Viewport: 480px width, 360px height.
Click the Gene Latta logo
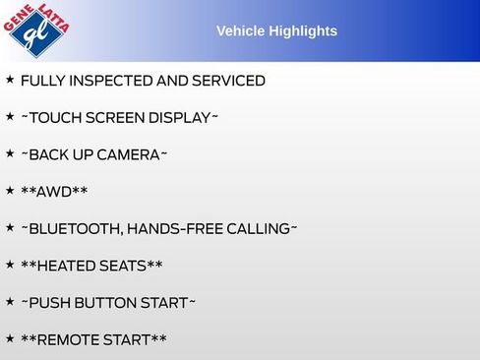37,30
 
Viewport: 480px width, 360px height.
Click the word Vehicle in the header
238,31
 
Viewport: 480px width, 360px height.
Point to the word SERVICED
225,81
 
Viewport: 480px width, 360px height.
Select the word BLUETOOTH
75,229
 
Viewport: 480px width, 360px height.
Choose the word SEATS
132,267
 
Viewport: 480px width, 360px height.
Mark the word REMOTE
73,340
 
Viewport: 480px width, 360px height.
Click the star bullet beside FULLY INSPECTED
10,79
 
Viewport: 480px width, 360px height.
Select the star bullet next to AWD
10,190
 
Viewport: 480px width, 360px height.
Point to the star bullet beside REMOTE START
10,338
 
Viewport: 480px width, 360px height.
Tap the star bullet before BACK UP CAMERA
10,153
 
